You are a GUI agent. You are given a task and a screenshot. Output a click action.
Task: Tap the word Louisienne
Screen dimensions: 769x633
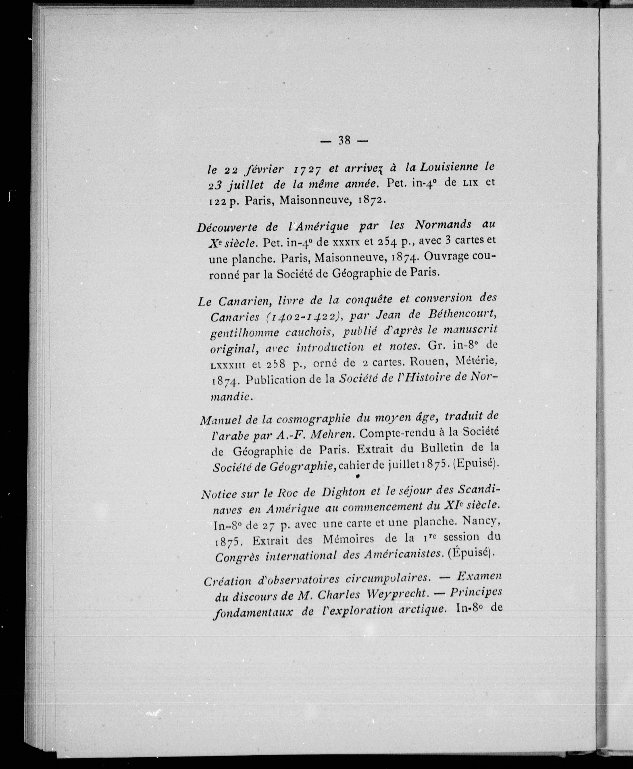tap(449, 167)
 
